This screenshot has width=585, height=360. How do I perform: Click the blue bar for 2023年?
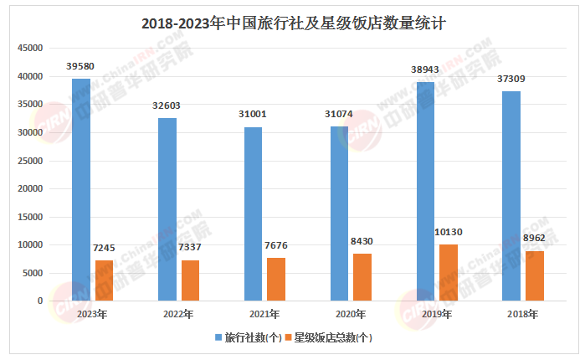pos(81,190)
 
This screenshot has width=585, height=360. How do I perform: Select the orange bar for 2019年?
pos(449,273)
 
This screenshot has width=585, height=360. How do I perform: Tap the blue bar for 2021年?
pos(253,213)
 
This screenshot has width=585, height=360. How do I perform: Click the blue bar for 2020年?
pos(339,213)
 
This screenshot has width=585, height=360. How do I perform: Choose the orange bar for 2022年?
pos(190,280)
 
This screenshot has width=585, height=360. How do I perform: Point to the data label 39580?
pos(81,66)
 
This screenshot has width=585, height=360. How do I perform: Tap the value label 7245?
pos(104,248)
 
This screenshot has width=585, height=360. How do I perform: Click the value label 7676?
pos(275,245)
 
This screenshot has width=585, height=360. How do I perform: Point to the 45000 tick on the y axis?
pos(31,49)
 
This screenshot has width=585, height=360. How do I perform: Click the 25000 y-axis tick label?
pos(31,161)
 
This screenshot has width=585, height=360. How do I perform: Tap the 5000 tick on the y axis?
pos(33,273)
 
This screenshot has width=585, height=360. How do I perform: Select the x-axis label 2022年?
pos(178,315)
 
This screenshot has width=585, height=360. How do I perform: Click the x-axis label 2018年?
pos(522,315)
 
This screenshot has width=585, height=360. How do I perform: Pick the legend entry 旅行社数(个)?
pos(248,337)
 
